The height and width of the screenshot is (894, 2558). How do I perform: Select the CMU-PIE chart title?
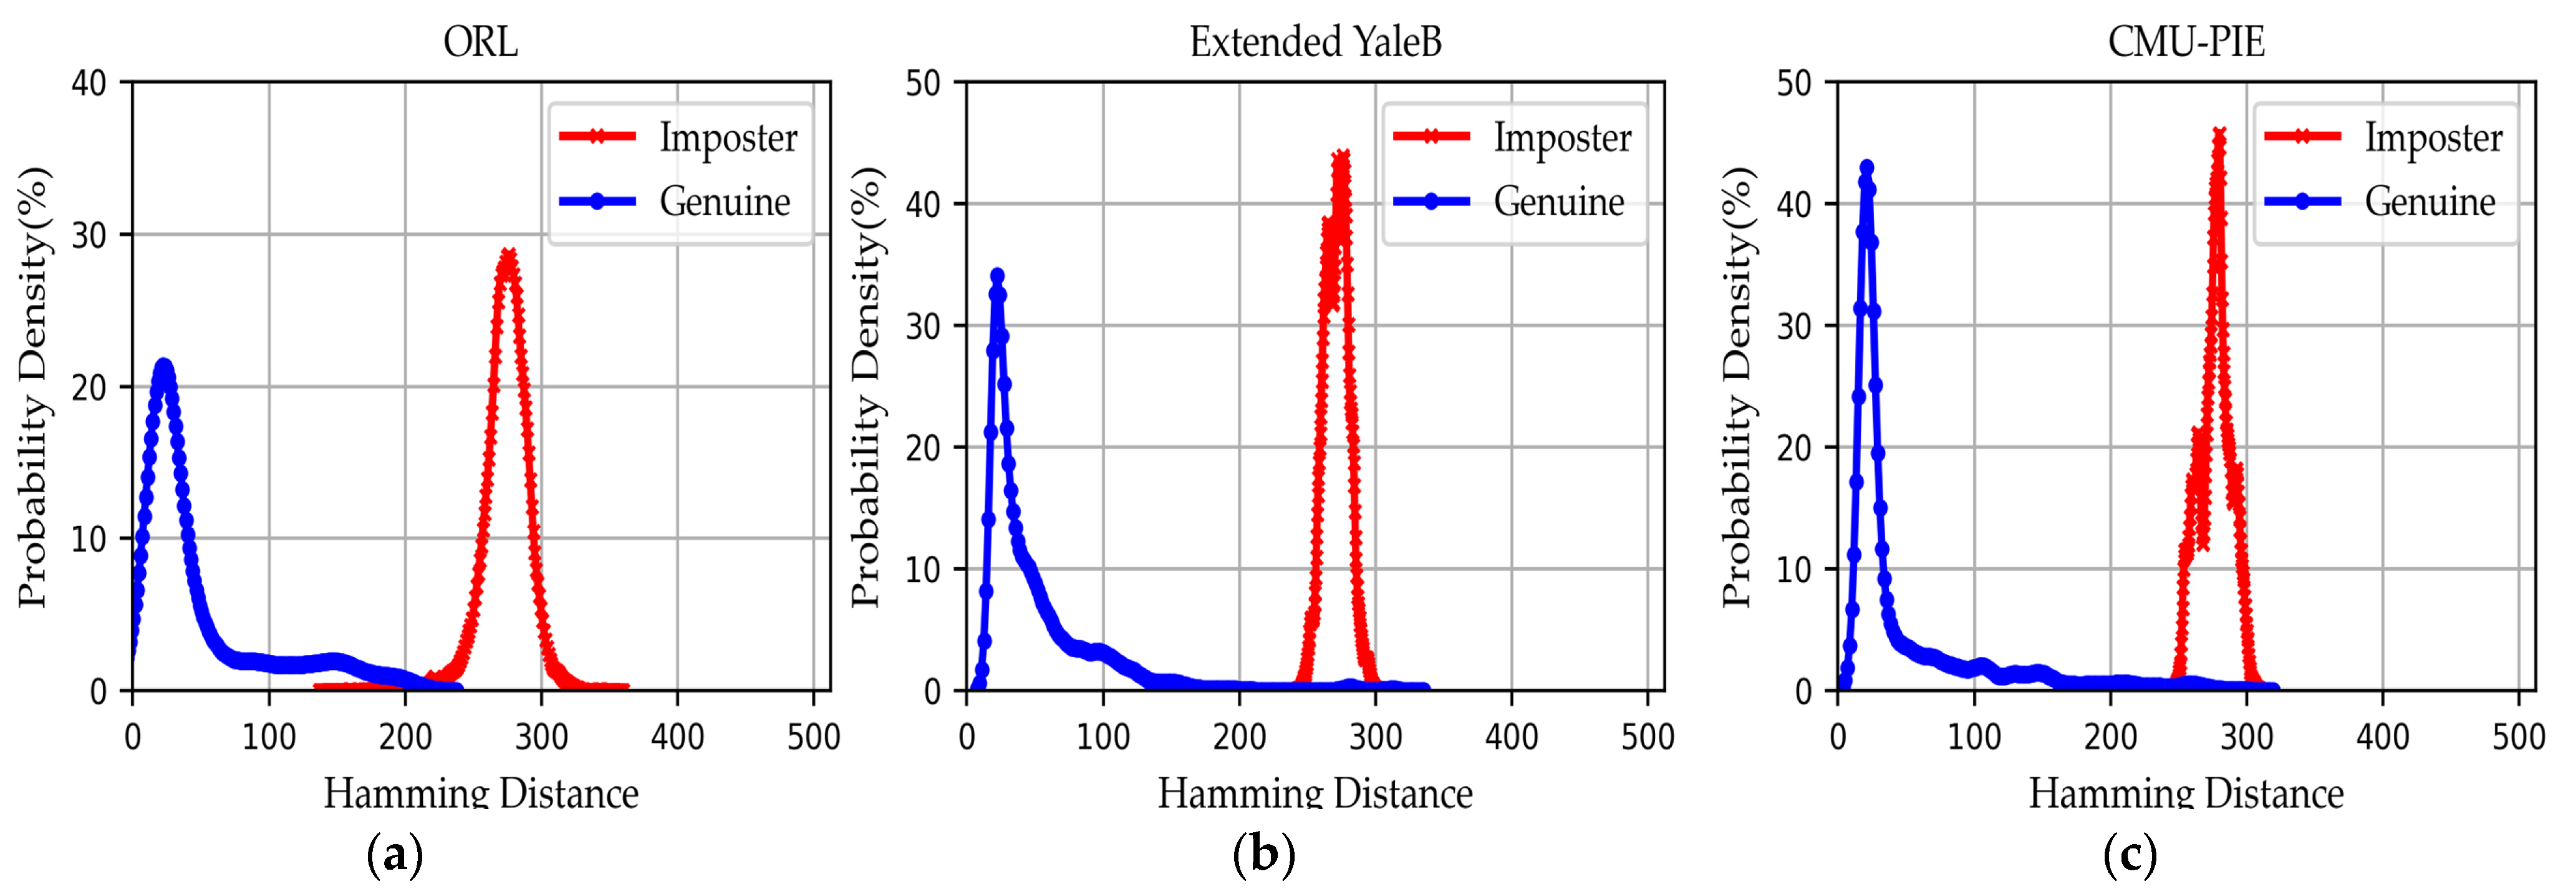tap(2186, 42)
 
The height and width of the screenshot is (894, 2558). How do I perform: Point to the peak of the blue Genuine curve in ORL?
tap(164, 367)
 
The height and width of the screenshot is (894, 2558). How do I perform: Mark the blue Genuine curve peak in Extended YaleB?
tap(997, 275)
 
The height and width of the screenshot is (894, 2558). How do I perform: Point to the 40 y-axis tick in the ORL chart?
tap(89, 84)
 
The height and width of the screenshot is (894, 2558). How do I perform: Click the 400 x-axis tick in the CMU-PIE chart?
tap(2382, 737)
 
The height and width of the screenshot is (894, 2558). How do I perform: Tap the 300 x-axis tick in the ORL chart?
tap(541, 737)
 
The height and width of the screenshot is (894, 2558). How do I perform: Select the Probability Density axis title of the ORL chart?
tap(34, 387)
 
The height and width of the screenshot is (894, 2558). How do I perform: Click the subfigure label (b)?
tap(1263, 854)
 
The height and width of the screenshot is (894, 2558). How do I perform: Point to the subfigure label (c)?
tap(2130, 854)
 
